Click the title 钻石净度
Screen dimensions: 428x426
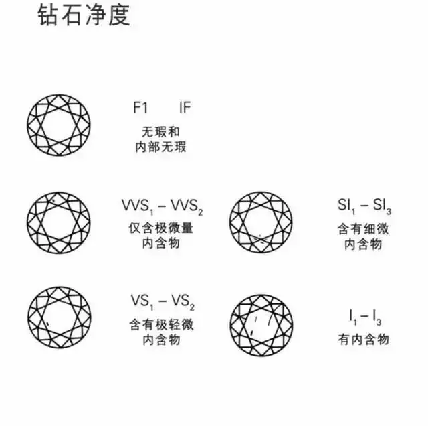[84, 15]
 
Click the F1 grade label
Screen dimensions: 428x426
[140, 107]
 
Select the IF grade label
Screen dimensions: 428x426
[185, 107]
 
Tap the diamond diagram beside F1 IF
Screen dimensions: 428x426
[59, 125]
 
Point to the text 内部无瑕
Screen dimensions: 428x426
[160, 147]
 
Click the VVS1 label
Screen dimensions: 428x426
[138, 206]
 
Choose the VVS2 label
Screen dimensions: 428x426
[187, 206]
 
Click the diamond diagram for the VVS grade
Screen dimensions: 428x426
[59, 222]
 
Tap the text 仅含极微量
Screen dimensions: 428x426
[161, 228]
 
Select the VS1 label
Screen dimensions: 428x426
[142, 301]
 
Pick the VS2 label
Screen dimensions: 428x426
[183, 301]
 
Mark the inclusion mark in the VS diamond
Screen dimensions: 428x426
[47, 324]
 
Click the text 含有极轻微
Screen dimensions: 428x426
[161, 325]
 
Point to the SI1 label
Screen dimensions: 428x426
[346, 206]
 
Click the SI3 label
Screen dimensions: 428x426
[382, 206]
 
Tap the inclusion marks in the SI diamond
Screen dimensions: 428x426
[260, 239]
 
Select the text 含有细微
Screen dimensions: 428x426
[362, 229]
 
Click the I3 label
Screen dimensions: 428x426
[377, 317]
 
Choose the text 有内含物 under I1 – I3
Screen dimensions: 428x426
[363, 340]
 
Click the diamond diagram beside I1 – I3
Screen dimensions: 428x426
[261, 326]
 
